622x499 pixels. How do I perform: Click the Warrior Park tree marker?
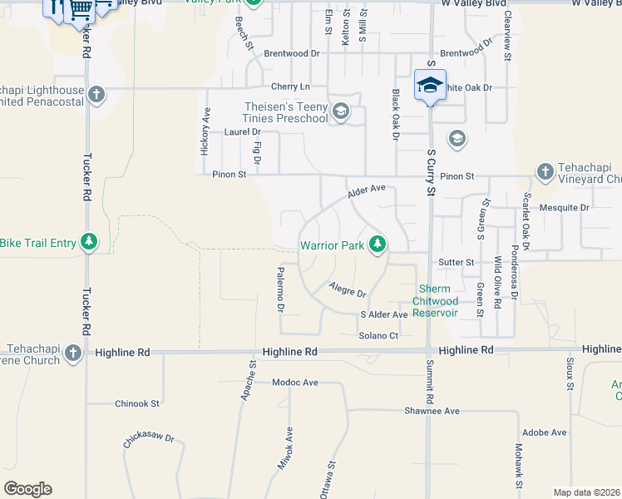378,244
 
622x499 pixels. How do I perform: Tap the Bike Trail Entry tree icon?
89,242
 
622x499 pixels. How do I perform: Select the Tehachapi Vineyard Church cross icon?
545,170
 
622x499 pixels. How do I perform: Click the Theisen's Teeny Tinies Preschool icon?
340,111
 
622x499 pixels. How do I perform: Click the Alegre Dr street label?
348,290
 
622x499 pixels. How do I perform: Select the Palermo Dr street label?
281,290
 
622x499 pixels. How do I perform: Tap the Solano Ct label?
379,335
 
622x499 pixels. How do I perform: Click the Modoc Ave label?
295,383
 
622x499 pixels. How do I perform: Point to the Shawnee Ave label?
432,411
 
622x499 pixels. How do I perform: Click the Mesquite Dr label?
564,207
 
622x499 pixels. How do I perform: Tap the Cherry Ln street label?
290,86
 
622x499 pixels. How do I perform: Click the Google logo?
27,489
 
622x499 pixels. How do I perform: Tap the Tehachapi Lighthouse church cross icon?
96,94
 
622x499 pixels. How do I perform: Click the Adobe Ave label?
544,432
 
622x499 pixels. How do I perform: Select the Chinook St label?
136,403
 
